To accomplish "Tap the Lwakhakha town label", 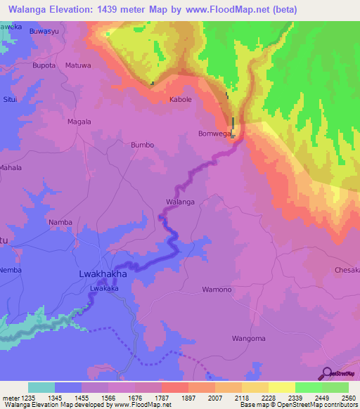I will pyautogui.click(x=101, y=274).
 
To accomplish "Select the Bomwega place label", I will pyautogui.click(x=215, y=134).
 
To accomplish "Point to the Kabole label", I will pyautogui.click(x=181, y=100).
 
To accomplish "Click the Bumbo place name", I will pyautogui.click(x=142, y=145).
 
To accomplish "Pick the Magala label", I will pyautogui.click(x=79, y=122).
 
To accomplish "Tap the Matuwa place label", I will pyautogui.click(x=78, y=65).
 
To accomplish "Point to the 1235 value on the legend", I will pyautogui.click(x=28, y=398).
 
